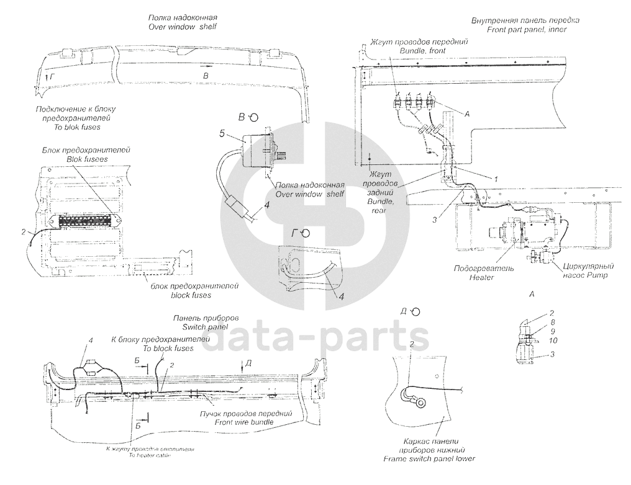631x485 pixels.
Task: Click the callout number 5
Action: pos(222,133)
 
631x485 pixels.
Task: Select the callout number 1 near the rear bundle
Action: pos(495,177)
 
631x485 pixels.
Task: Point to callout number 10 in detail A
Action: pos(535,341)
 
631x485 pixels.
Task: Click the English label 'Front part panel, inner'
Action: pos(527,29)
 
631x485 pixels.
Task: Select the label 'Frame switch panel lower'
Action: pos(429,459)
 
